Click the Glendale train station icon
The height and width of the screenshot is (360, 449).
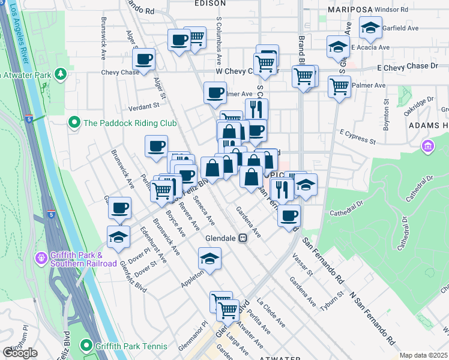pos(243,238)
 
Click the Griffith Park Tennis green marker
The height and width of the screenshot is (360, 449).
pos(88,346)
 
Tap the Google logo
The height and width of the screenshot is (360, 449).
pos(20,353)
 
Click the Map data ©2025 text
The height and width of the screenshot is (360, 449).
pos(423,355)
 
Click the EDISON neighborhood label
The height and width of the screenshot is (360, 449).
pos(209,3)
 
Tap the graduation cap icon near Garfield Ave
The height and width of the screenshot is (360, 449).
pos(370,27)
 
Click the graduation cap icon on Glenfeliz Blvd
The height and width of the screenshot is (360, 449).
pos(118,236)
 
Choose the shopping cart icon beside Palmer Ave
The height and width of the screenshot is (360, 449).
pos(339,86)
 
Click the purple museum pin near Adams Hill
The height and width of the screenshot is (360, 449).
pos(427,146)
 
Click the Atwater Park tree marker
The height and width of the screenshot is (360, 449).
pos(60,74)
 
